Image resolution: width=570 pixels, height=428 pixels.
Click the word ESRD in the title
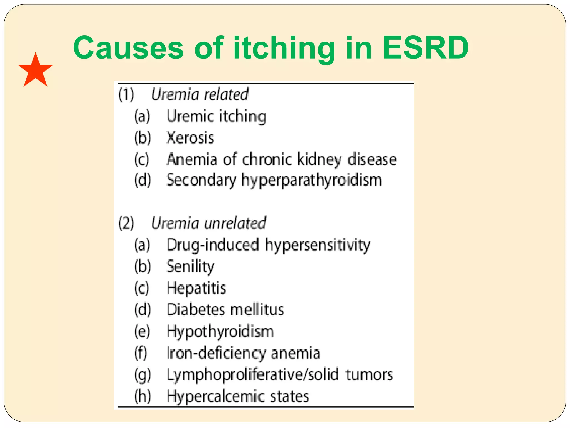click(x=426, y=48)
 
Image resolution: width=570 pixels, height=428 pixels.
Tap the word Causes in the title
click(x=128, y=48)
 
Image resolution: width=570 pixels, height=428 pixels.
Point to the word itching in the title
click(x=284, y=48)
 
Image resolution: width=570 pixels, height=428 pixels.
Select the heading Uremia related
click(x=200, y=94)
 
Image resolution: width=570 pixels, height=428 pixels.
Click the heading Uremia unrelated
click(x=208, y=223)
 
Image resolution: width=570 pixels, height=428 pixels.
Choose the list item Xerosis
click(x=190, y=138)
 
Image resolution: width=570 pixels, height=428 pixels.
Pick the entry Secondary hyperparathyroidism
click(x=274, y=180)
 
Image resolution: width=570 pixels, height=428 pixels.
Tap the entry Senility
click(x=190, y=266)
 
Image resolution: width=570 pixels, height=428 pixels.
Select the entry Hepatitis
click(x=196, y=288)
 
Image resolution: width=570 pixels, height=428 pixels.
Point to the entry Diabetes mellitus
click(x=225, y=310)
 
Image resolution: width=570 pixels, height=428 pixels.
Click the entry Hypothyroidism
click(x=220, y=331)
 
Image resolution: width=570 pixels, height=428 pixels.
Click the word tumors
click(x=369, y=374)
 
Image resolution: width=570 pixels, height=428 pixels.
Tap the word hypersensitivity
click(x=317, y=245)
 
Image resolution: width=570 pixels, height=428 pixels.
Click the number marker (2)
click(x=126, y=223)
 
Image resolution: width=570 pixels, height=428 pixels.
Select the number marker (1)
click(x=126, y=94)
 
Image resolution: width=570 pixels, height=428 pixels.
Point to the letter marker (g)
click(x=142, y=375)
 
